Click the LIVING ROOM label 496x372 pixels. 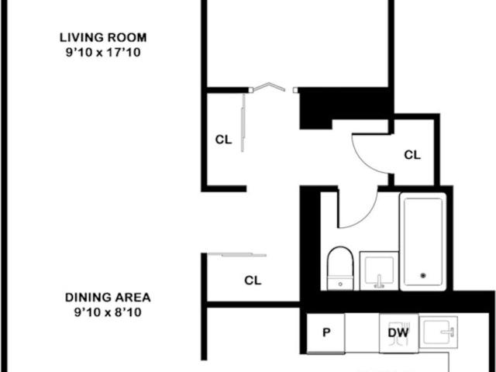103,37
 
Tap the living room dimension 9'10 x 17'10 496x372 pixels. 103,52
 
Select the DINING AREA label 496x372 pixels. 108,298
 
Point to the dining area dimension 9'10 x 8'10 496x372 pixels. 108,312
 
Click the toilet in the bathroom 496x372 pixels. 340,268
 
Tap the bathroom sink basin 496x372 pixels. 379,270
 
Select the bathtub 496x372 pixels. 423,242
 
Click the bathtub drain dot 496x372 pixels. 423,276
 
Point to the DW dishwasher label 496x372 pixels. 398,332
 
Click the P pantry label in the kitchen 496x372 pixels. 326,332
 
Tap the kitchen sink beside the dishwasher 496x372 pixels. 439,332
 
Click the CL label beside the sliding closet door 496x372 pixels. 223,139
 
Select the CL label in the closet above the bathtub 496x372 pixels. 412,155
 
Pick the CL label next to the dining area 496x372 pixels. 253,281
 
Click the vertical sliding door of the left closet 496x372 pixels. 243,122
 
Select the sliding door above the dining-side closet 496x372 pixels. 237,254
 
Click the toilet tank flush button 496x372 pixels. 340,284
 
